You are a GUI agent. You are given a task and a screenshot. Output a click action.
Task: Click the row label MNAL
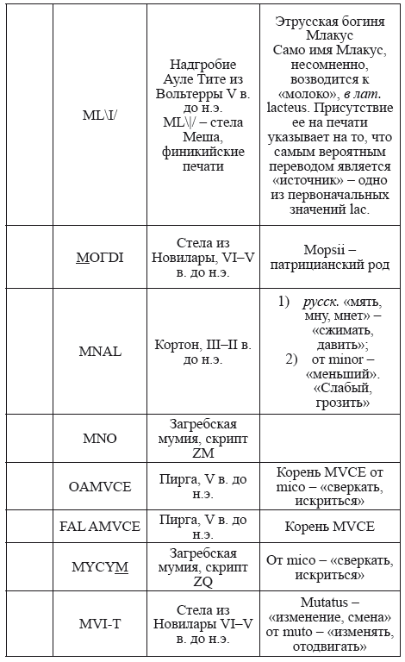tap(100, 352)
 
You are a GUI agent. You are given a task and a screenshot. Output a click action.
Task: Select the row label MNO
tap(100, 438)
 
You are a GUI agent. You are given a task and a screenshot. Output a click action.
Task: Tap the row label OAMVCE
tap(100, 486)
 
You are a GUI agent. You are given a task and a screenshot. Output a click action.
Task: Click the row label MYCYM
tap(100, 565)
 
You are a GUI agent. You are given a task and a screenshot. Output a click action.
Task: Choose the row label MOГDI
tap(100, 257)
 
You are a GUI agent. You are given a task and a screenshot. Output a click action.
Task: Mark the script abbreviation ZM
tap(203, 453)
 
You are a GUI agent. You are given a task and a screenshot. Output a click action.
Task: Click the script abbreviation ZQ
tap(203, 580)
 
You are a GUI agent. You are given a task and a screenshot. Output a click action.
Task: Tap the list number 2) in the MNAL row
tap(291, 359)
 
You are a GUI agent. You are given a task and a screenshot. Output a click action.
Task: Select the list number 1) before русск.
tap(284, 302)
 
